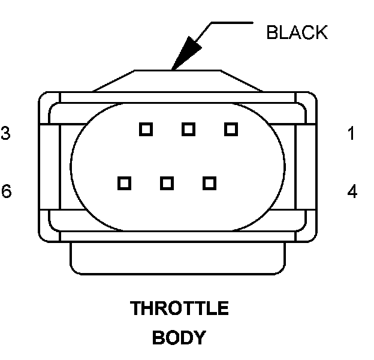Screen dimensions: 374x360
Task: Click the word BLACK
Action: pyautogui.click(x=297, y=32)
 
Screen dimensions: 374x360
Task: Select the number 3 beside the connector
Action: pyautogui.click(x=5, y=133)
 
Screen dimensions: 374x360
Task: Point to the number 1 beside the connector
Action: pyautogui.click(x=352, y=133)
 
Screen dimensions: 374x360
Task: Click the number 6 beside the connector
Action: pyautogui.click(x=6, y=191)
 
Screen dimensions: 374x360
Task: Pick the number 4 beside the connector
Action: pyautogui.click(x=352, y=191)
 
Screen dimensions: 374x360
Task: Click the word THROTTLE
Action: pyautogui.click(x=179, y=309)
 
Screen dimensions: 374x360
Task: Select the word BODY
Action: pyautogui.click(x=179, y=338)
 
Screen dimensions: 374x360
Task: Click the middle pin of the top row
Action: pyautogui.click(x=188, y=128)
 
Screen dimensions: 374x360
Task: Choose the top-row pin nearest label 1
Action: pyautogui.click(x=231, y=128)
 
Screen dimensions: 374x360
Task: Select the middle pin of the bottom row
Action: pyautogui.click(x=167, y=182)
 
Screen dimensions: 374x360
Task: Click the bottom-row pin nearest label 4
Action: pyautogui.click(x=209, y=182)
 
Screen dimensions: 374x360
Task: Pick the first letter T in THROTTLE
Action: pyautogui.click(x=136, y=309)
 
